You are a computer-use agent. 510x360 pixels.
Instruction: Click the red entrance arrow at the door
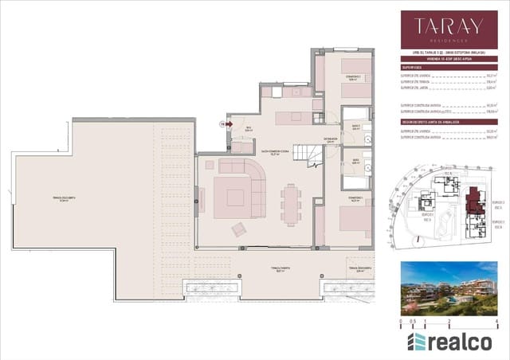pos(229,123)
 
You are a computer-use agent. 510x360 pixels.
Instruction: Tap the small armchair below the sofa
pos(239,229)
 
